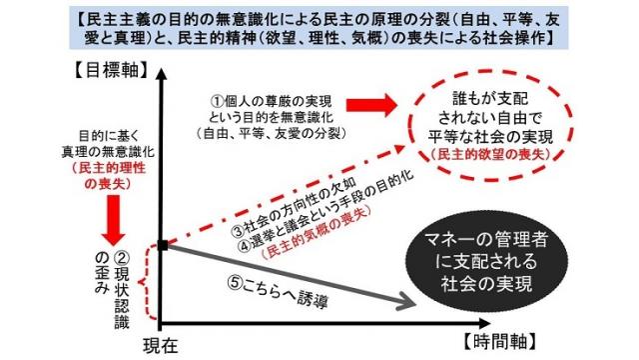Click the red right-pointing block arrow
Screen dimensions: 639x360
[368, 106]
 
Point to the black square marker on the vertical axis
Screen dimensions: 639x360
[162, 244]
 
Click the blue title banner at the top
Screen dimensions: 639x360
[319, 26]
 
